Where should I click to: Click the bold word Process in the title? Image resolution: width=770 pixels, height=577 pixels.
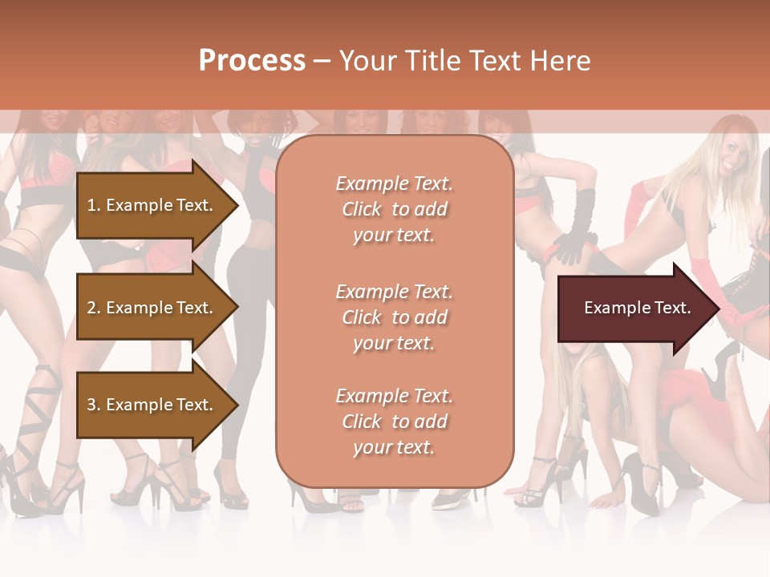click(252, 61)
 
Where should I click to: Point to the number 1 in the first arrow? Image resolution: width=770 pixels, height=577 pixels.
click(91, 205)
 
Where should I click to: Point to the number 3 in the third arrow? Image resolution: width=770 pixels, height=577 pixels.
click(91, 405)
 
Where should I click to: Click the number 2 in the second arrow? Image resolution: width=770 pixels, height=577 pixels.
click(91, 308)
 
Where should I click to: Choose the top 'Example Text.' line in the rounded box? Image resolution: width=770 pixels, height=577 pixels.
click(394, 184)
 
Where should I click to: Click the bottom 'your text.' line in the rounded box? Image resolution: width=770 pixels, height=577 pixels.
click(394, 447)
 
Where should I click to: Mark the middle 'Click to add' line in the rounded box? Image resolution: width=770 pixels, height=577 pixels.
click(394, 317)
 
